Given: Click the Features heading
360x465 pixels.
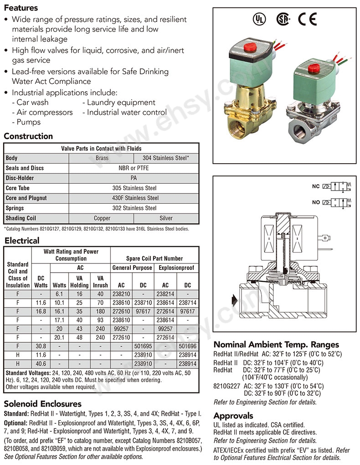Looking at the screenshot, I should coord(21,8).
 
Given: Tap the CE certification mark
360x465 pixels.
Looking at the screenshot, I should coord(307,19).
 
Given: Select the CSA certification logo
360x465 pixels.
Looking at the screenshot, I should coord(283,19).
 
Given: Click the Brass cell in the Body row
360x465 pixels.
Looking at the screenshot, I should coord(102,158).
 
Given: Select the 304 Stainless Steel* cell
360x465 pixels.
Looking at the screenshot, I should coord(167,158).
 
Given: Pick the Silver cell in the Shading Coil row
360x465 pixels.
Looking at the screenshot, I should coord(167,218).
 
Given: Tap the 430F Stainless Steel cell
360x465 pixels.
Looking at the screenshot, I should coord(134,198).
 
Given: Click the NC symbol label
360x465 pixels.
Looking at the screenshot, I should coord(315,186).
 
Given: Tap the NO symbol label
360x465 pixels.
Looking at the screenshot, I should coord(315,202).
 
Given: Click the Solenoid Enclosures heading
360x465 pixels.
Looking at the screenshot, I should coord(42,404).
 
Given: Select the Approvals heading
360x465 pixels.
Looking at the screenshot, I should coord(233,416).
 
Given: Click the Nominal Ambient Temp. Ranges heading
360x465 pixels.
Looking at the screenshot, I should coord(276,345).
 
